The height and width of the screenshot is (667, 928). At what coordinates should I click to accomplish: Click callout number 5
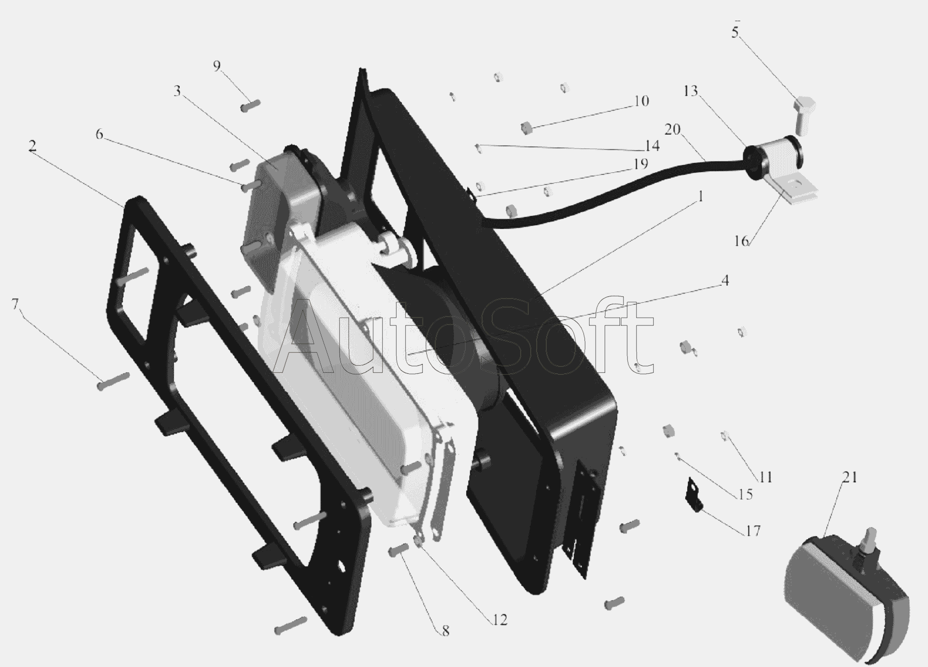click(x=734, y=32)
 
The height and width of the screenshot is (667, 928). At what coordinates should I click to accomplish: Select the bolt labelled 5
click(x=804, y=115)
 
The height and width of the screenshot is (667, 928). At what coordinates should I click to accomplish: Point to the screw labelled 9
click(x=250, y=105)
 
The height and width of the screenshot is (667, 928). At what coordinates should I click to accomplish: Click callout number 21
click(x=850, y=477)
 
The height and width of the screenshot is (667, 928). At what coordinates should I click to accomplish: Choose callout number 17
click(x=753, y=530)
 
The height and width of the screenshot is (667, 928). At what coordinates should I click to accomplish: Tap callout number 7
click(x=15, y=304)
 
